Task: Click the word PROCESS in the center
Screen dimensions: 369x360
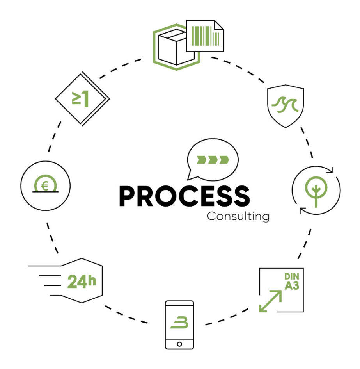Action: (184, 196)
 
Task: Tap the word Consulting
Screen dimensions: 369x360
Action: (238, 216)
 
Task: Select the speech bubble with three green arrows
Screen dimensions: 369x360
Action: (212, 160)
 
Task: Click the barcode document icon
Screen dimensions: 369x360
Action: (205, 36)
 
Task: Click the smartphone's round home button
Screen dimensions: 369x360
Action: (179, 344)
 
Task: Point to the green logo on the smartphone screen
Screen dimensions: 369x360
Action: (179, 323)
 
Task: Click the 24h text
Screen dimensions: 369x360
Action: (82, 282)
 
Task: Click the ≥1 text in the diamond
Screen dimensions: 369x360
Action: (80, 99)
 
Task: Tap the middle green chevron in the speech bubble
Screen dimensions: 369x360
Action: (212, 159)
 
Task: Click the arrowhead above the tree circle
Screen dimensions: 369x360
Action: (330, 169)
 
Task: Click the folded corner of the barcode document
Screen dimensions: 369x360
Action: (220, 24)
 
